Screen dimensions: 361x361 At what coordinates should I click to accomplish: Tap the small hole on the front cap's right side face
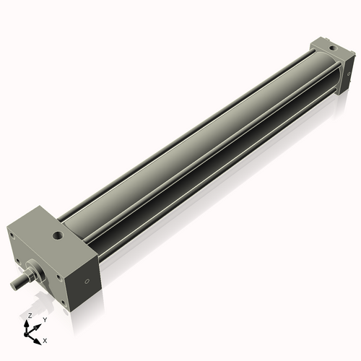click(x=87, y=281)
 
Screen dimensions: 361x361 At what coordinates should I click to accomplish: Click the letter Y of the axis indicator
click(x=44, y=319)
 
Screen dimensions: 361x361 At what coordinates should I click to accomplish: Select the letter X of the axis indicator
click(x=45, y=339)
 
